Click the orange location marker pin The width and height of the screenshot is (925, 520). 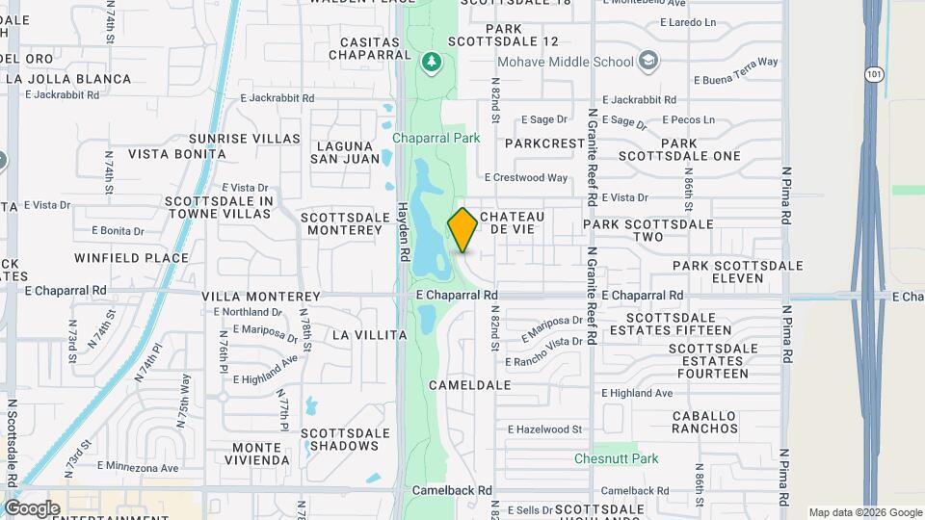coord(462,230)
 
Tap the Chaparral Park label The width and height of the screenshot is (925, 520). coord(436,138)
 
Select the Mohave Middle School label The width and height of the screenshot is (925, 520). coord(565,62)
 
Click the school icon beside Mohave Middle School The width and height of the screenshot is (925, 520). coord(649,62)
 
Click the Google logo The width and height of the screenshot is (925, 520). coord(31,507)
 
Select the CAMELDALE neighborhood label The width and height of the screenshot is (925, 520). coord(469,384)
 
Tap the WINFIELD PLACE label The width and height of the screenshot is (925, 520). coord(131,258)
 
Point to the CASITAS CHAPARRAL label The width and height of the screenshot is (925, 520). coord(370,50)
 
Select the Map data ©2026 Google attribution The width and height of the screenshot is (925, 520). coord(864,512)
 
